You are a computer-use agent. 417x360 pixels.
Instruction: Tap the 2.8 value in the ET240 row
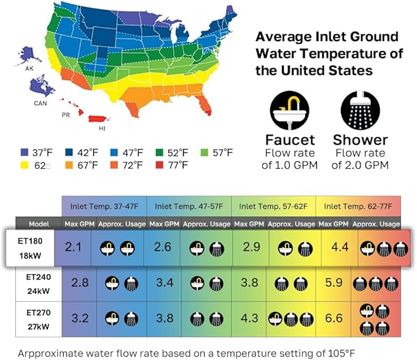pos(79,283)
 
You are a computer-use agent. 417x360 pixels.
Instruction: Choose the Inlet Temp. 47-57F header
pos(189,205)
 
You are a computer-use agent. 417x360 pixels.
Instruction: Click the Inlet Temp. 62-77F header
pos(358,205)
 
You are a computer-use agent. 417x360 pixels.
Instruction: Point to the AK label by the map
pos(29,68)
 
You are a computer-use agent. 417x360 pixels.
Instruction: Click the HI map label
pos(93,129)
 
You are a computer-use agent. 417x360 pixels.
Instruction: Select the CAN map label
pos(41,103)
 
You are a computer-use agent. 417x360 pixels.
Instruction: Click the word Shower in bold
pos(360,139)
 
